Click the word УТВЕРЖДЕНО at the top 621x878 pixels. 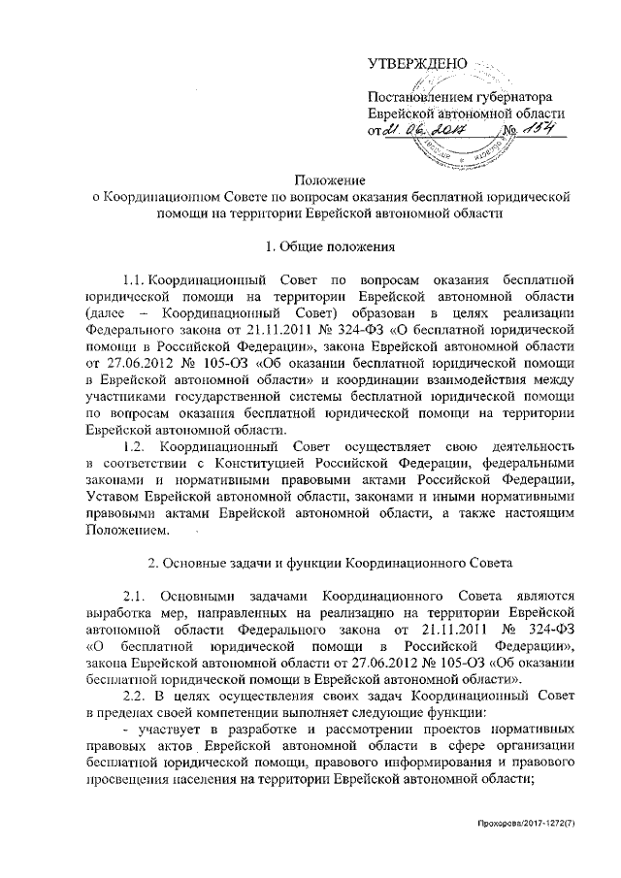[x=417, y=65]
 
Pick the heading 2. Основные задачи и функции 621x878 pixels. [x=308, y=564]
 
